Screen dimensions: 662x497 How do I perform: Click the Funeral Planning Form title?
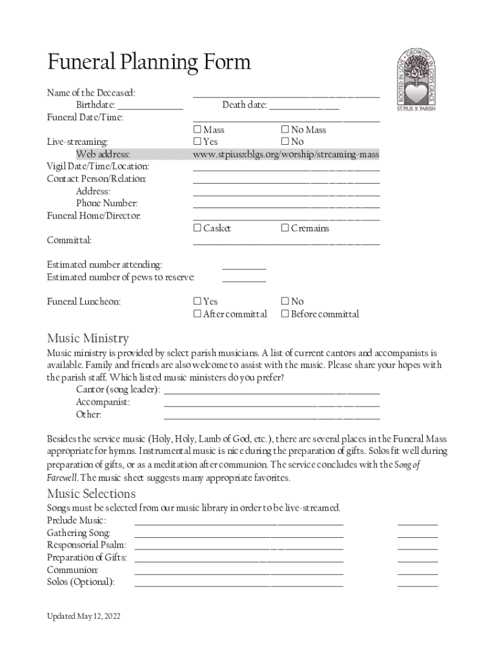point(148,63)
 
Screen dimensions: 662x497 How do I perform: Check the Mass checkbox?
point(198,130)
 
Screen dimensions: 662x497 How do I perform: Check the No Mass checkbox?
point(285,130)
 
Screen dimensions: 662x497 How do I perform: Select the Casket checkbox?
point(198,228)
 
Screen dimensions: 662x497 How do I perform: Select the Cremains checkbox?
point(285,228)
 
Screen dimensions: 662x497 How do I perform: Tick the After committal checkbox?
point(198,314)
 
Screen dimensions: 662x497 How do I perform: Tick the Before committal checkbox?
point(285,314)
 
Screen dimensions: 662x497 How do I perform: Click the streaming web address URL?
point(286,155)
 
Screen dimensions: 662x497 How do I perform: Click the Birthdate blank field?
point(150,105)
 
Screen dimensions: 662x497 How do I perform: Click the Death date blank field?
point(303,105)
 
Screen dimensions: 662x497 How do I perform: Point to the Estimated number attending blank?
point(244,265)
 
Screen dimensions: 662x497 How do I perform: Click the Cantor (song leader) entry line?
point(272,390)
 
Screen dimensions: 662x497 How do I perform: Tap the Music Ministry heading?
point(88,338)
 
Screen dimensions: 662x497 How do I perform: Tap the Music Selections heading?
point(91,495)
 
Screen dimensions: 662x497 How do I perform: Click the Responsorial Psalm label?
point(86,545)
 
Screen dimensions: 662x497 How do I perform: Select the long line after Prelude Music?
point(239,521)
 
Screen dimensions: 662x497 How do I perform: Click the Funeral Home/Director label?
point(94,216)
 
